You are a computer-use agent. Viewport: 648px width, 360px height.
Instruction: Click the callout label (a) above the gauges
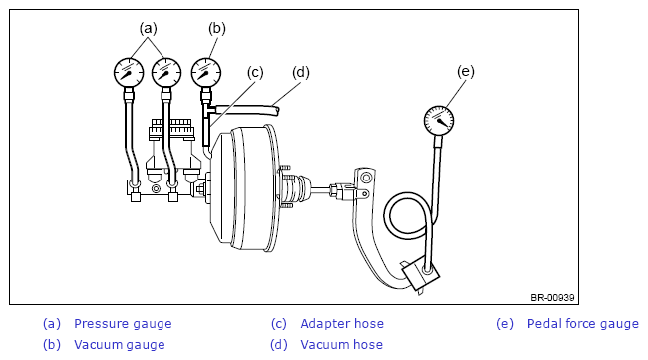[148, 29]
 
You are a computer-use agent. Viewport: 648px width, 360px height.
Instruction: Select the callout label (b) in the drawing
[217, 29]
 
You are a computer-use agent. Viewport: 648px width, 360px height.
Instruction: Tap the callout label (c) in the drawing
[255, 73]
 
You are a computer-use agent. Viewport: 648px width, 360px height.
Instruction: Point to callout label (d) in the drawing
[301, 73]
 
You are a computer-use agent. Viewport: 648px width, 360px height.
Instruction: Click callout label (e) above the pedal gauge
[466, 72]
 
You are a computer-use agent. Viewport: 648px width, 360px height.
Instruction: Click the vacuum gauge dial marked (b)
[206, 73]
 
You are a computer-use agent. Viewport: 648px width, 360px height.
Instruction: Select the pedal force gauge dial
[439, 121]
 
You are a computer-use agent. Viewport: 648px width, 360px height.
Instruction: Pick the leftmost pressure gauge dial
[129, 73]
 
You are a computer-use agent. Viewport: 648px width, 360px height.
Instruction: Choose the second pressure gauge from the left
[166, 73]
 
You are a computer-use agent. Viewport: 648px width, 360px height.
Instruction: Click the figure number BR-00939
[552, 297]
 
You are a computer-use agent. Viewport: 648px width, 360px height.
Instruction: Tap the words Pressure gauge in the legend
[123, 324]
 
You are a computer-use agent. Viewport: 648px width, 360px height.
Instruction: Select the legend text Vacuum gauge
[120, 345]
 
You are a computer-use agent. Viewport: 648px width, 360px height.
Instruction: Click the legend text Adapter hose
[342, 324]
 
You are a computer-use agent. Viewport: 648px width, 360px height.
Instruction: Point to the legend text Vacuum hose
[341, 345]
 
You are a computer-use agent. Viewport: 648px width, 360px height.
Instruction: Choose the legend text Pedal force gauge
[583, 324]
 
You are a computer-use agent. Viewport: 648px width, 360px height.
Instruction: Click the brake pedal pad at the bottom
[421, 275]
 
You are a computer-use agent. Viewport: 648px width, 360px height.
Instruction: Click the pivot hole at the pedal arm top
[366, 179]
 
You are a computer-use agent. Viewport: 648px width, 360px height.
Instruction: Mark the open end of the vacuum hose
[277, 110]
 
